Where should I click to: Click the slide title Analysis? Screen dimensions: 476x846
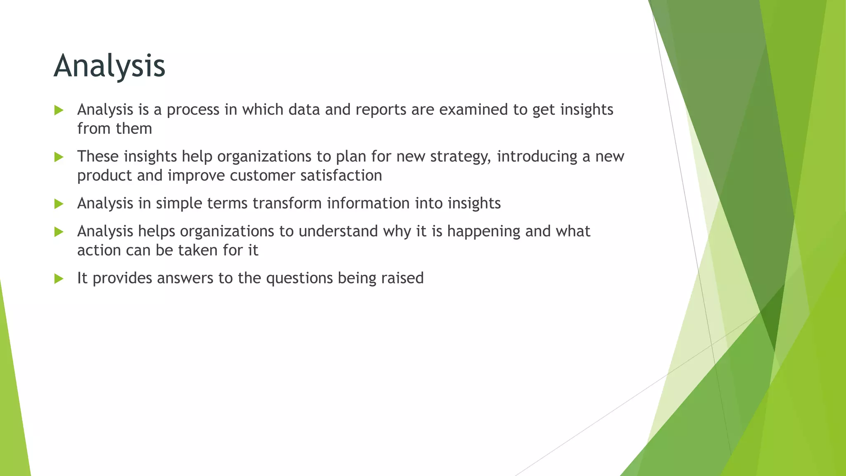[x=109, y=66]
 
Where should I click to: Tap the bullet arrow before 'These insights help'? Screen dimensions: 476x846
[x=59, y=157]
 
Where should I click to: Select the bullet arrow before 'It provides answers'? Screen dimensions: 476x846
[x=59, y=278]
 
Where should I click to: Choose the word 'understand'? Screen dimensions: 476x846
[x=338, y=231]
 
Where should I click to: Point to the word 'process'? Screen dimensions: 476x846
[x=193, y=110]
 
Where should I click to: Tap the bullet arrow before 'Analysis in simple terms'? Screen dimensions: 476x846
[x=59, y=204]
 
